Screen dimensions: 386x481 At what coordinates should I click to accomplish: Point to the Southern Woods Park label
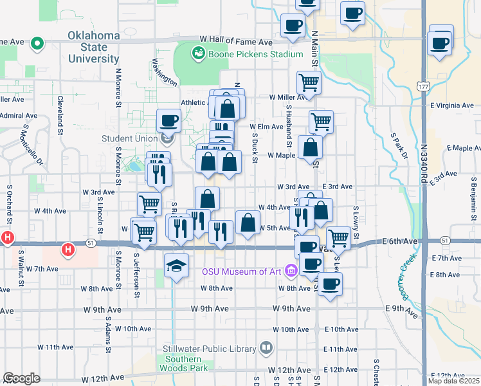pyautogui.click(x=186, y=363)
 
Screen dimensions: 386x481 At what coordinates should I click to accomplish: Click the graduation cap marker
pyautogui.click(x=176, y=265)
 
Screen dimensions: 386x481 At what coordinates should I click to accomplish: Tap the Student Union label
pyautogui.click(x=130, y=138)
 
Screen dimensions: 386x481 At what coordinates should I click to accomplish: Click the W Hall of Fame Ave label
pyautogui.click(x=236, y=41)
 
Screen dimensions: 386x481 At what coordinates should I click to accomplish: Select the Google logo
pyautogui.click(x=22, y=378)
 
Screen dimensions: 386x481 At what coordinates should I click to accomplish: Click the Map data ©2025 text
pyautogui.click(x=453, y=381)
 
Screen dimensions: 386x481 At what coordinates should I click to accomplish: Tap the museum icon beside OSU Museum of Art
pyautogui.click(x=291, y=271)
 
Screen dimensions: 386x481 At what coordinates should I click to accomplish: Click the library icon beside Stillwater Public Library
pyautogui.click(x=266, y=349)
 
